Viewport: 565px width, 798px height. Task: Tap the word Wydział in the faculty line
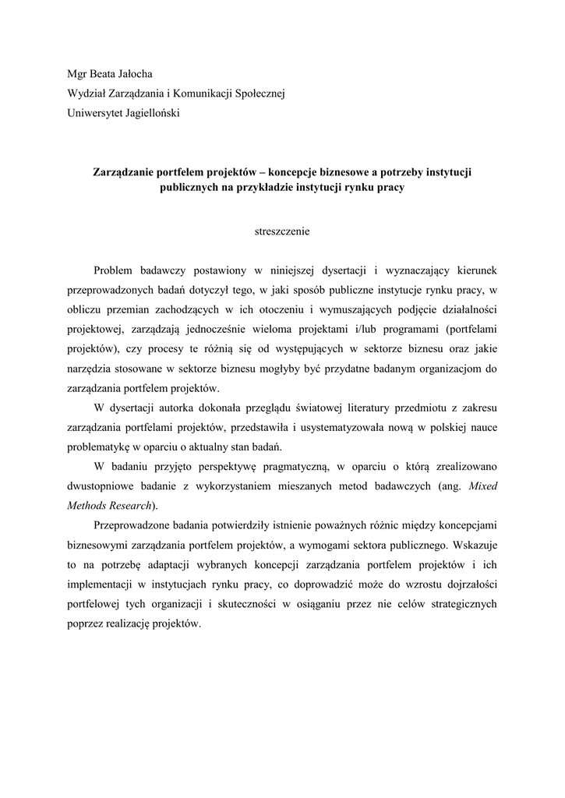pos(90,94)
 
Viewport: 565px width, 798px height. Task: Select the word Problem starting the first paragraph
pos(114,270)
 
